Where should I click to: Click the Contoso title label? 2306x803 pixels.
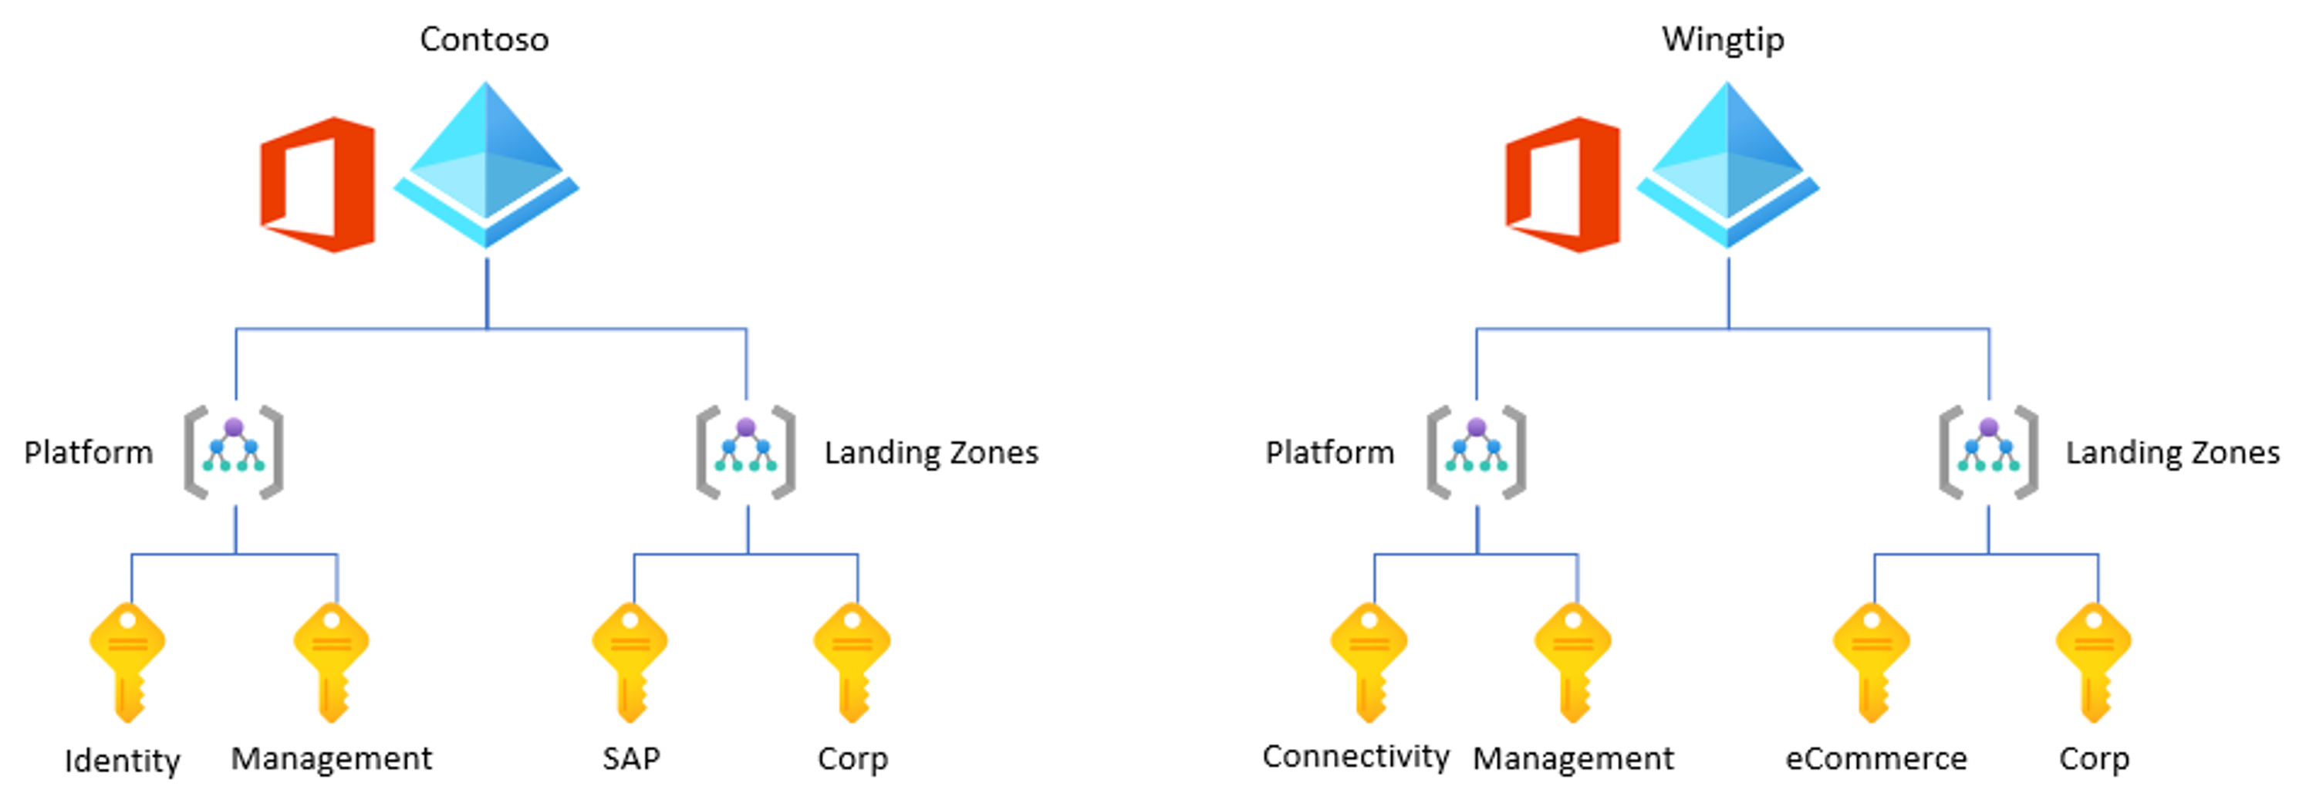tap(484, 39)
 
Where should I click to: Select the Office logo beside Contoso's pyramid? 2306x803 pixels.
tap(318, 184)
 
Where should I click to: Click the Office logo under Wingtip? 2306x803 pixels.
tap(1562, 184)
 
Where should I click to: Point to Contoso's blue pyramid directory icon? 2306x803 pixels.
tap(486, 166)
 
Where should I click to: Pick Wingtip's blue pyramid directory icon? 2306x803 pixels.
tap(1727, 166)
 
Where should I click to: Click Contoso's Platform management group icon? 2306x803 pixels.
tap(234, 452)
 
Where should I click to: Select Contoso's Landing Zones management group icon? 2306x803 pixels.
tap(746, 452)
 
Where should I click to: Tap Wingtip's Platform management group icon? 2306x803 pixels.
tap(1476, 452)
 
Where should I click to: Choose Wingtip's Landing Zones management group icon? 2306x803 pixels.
tap(1988, 452)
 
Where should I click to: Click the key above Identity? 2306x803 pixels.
tap(127, 660)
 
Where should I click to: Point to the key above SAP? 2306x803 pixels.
tap(630, 660)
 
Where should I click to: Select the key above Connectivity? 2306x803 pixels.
tap(1369, 660)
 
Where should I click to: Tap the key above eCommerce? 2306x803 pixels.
tap(1871, 660)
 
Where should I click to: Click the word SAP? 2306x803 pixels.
tap(631, 758)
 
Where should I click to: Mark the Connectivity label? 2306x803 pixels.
tap(1356, 757)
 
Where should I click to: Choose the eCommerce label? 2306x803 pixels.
tap(1876, 758)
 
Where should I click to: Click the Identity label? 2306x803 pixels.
tap(123, 761)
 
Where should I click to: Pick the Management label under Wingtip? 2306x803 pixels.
tap(1573, 758)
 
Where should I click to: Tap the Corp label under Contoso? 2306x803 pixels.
tap(853, 758)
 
